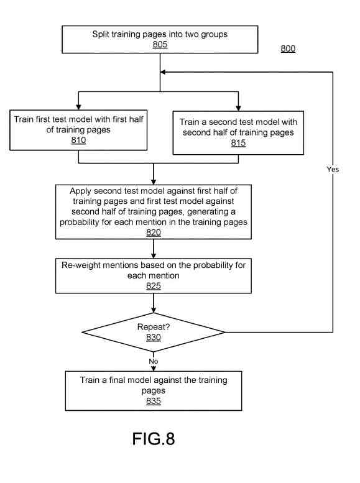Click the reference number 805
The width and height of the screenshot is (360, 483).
point(160,44)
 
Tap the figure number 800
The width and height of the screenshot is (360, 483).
point(288,48)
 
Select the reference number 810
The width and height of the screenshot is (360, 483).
point(78,140)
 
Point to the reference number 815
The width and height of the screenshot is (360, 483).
point(238,143)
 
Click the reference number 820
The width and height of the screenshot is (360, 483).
point(154,232)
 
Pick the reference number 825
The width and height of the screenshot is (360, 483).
point(154,286)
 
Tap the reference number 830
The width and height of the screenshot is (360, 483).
point(154,338)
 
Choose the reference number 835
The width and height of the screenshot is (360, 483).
point(154,401)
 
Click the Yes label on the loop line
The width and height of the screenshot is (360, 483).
point(333,169)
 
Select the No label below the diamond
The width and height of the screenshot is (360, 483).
point(154,361)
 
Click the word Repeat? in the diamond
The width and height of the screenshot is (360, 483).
point(154,327)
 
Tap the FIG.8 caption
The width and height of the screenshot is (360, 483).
point(154,439)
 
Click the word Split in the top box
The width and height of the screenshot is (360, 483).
point(101,34)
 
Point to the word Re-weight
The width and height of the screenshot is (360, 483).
point(81,265)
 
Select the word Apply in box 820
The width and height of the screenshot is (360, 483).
point(80,191)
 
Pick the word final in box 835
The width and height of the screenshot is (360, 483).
point(117,380)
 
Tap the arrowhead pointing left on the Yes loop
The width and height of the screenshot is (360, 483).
point(163,72)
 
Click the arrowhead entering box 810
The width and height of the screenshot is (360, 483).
point(78,107)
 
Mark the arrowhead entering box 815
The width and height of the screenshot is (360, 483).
point(238,108)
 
